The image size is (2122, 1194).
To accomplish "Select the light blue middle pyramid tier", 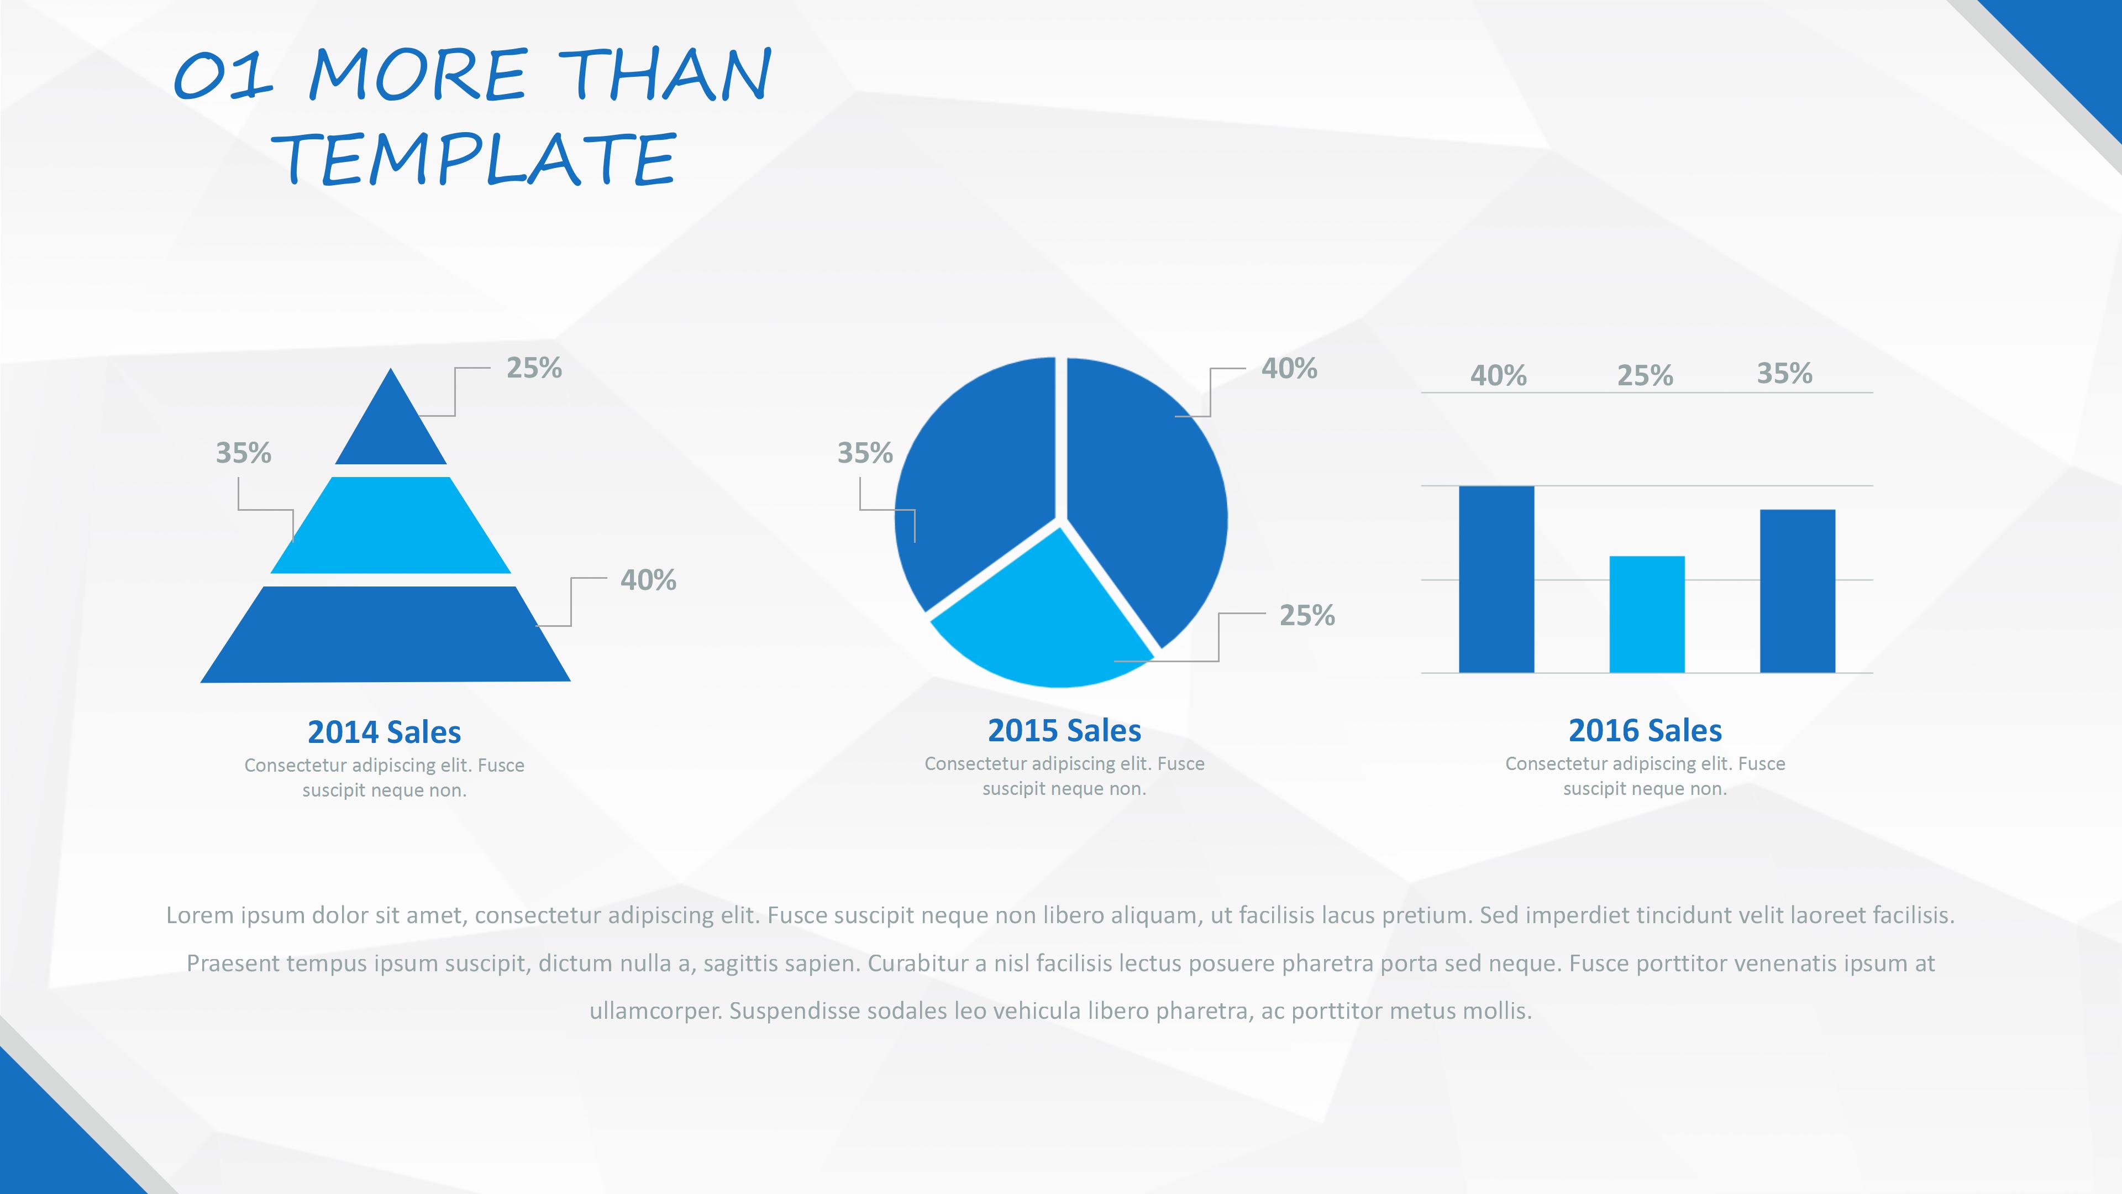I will click(391, 525).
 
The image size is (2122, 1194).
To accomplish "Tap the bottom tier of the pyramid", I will click(386, 635).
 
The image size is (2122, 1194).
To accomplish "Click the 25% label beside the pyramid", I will click(534, 368).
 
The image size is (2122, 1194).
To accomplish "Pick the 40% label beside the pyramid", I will click(648, 580).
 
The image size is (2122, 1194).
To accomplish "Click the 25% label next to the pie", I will click(1306, 616).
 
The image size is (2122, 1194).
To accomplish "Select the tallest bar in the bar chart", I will click(1496, 579).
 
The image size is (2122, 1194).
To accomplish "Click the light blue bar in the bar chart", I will click(1647, 615).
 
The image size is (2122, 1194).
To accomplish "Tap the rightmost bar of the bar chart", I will click(1798, 591).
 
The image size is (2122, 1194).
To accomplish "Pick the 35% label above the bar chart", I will click(1784, 373).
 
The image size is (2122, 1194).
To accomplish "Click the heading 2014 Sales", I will click(384, 732).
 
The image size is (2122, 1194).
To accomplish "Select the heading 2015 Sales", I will click(1064, 730).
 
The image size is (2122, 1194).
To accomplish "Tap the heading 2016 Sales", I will click(1645, 730).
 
